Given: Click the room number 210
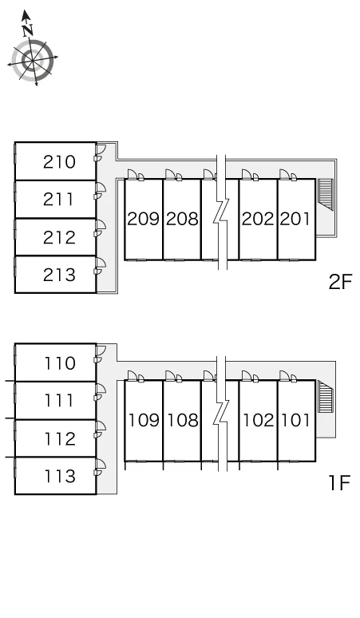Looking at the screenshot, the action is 59,162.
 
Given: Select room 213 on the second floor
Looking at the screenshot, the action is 59,275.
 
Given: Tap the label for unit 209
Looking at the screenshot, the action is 144,219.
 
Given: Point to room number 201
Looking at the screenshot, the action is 295,219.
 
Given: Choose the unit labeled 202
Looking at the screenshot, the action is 258,219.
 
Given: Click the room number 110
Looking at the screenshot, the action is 60,363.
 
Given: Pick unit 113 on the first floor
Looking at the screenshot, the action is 60,476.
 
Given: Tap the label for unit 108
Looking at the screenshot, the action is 183,421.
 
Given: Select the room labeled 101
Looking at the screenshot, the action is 295,421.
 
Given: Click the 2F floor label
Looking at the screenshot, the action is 340,282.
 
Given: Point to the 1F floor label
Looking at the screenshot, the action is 340,483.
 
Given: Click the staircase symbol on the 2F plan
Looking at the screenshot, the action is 326,194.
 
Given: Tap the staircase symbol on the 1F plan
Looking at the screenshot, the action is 326,397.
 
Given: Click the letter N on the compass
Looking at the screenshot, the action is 28,30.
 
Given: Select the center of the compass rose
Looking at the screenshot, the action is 33,61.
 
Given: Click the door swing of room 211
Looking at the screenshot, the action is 100,191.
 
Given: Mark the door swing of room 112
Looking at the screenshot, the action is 100,430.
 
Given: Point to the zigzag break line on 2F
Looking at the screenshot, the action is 221,213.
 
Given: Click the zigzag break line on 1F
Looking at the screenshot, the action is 221,414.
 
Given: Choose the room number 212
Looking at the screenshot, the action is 59,238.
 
